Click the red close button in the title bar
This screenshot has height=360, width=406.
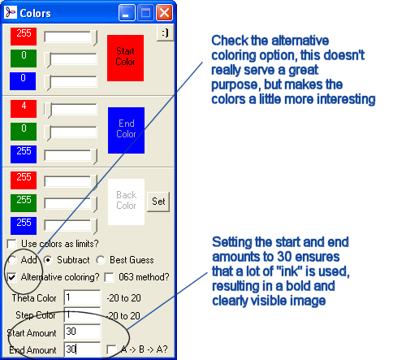tap(164, 13)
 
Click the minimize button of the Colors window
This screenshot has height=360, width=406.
tap(127, 13)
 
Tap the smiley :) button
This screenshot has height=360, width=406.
tap(165, 33)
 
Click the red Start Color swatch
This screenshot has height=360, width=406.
tap(125, 58)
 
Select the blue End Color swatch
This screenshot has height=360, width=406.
tap(126, 130)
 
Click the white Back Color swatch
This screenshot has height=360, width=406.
tap(126, 202)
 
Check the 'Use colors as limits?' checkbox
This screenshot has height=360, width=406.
tap(12, 244)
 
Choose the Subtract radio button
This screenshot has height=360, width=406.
tap(48, 260)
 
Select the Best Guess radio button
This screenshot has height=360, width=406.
tap(101, 260)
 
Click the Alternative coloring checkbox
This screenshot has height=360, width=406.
tap(12, 277)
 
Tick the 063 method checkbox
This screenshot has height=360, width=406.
tap(110, 277)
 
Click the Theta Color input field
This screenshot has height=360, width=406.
tap(82, 297)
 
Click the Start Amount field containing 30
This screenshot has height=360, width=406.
tap(82, 332)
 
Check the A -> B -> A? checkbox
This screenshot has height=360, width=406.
tap(111, 349)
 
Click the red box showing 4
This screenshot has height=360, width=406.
tap(24, 109)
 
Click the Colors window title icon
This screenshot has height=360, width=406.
tap(11, 12)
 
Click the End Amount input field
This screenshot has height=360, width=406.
tap(82, 349)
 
